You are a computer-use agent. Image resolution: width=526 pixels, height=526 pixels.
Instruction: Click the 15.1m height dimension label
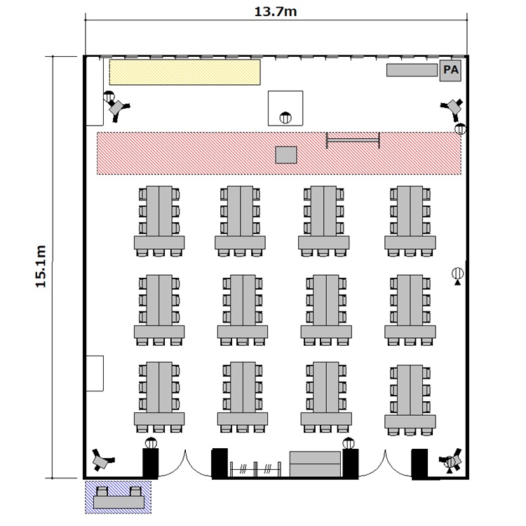[x=40, y=267]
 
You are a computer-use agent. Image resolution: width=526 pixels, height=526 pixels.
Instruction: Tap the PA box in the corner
[x=449, y=70]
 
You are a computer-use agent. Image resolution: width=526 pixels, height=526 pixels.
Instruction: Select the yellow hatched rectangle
[x=185, y=72]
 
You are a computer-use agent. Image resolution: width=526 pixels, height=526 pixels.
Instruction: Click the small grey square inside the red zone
[x=286, y=154]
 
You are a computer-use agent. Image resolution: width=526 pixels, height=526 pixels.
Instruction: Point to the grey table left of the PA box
[x=412, y=70]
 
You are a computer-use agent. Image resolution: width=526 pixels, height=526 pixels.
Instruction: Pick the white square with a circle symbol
[x=285, y=108]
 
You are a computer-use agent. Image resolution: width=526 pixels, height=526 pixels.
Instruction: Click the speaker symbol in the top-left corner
[x=116, y=106]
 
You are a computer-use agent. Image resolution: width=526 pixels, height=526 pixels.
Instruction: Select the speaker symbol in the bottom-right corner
[x=452, y=461]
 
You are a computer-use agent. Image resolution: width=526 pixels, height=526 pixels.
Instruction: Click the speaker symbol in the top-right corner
[x=452, y=107]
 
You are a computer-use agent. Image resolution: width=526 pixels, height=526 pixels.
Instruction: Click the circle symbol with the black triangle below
[x=457, y=274]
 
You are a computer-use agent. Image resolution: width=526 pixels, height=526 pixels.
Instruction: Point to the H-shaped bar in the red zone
[x=353, y=140]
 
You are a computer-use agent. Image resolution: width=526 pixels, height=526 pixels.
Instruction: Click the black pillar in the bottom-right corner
[x=420, y=463]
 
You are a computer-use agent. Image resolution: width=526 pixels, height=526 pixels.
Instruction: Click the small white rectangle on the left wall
[x=95, y=374]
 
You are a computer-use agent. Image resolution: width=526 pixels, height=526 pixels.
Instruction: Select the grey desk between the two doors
[x=316, y=464]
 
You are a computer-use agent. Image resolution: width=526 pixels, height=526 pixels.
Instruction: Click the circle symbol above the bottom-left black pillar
[x=150, y=443]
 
